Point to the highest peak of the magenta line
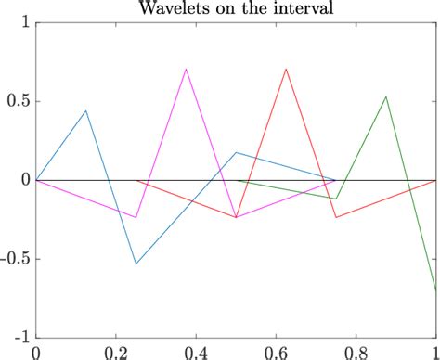pos(187,69)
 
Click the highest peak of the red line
pos(286,69)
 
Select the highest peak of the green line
pos(386,96)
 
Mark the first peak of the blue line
pos(86,110)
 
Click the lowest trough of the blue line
pos(136,264)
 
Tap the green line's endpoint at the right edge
pos(435,291)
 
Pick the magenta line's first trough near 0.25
pos(136,217)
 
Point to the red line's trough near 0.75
pos(336,217)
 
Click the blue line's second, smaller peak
pos(236,152)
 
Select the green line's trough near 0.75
pos(336,199)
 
